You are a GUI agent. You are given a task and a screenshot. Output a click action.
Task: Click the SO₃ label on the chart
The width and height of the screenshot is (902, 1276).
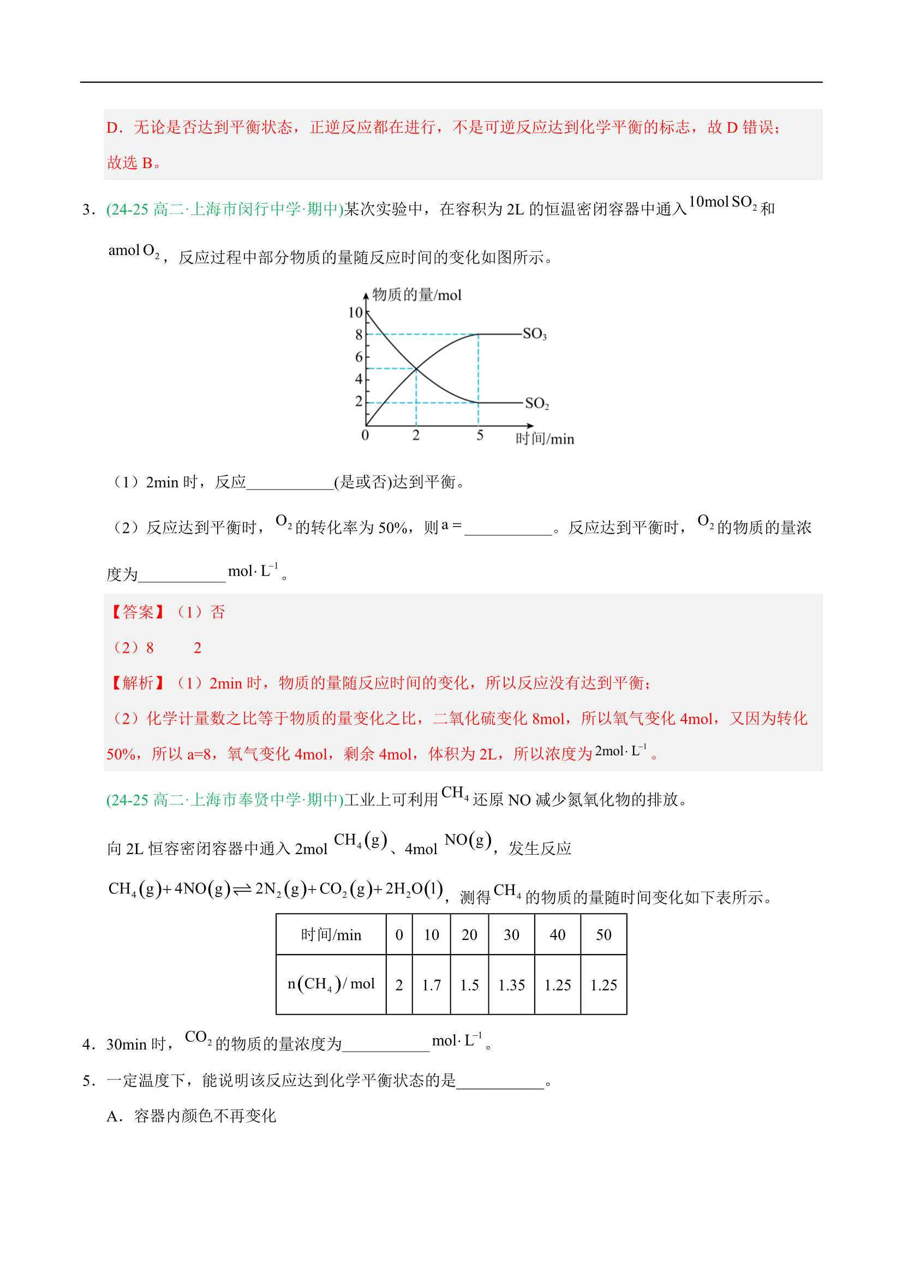534,334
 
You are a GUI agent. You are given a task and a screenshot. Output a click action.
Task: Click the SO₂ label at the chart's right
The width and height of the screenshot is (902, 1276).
537,403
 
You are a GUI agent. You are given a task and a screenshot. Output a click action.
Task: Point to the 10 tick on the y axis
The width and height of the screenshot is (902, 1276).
355,313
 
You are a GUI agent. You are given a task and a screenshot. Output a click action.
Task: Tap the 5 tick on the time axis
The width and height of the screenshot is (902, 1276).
480,435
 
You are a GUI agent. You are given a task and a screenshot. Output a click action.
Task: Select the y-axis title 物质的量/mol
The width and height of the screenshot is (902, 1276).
417,295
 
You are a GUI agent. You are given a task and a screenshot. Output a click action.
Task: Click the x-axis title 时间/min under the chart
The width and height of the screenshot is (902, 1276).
545,439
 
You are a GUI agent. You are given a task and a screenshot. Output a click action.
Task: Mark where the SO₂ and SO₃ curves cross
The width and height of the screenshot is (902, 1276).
416,368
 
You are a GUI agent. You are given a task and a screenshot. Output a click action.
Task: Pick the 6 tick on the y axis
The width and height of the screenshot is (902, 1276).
359,357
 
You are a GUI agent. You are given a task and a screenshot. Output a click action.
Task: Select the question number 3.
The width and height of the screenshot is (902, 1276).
87,210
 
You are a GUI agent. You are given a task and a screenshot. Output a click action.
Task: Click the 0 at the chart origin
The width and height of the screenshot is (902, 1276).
365,435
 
